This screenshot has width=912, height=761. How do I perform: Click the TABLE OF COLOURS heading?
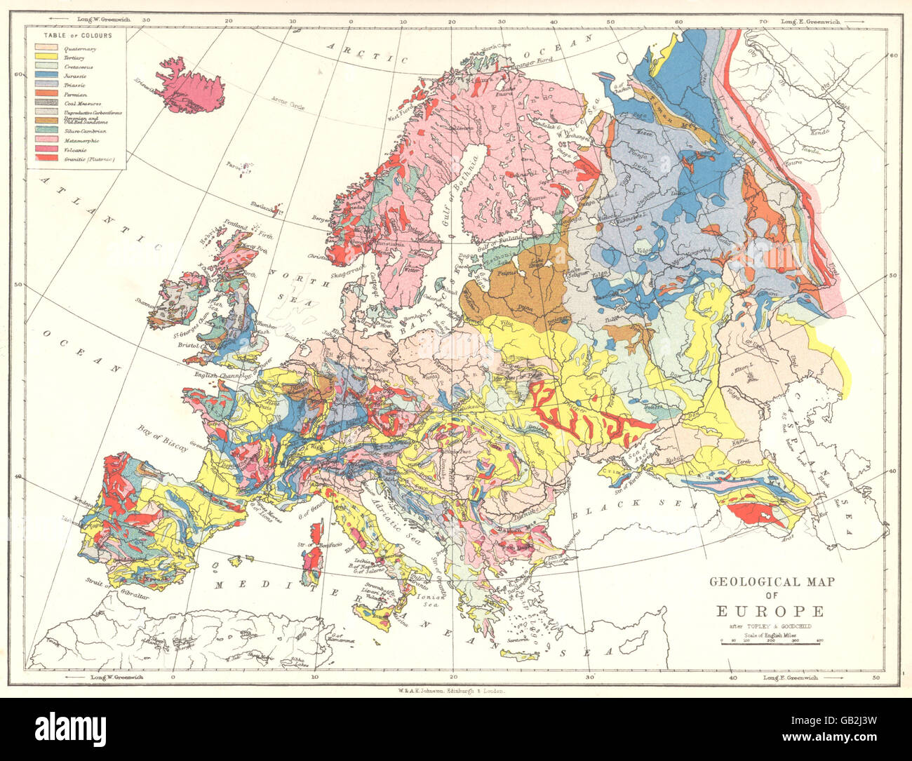[78, 34]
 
